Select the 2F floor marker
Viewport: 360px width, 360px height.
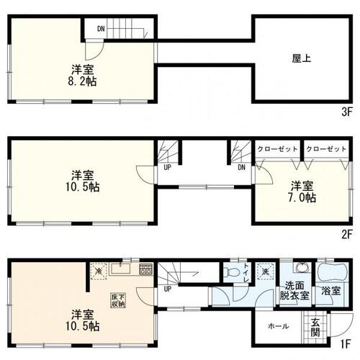pyautogui.click(x=346, y=234)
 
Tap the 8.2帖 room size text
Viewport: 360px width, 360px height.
pyautogui.click(x=84, y=81)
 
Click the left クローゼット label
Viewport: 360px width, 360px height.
pyautogui.click(x=278, y=148)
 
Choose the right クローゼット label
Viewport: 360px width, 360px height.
pyautogui.click(x=325, y=148)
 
